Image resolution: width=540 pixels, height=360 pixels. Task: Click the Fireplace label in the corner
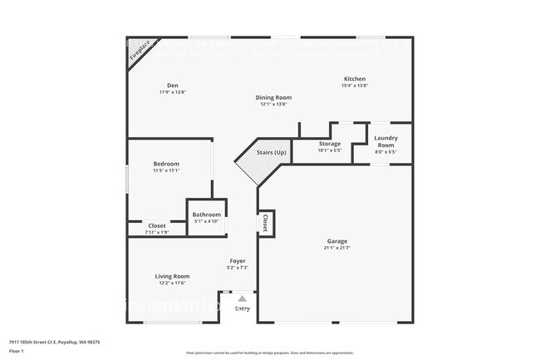(x=139, y=53)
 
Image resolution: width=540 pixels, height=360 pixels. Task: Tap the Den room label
(x=173, y=86)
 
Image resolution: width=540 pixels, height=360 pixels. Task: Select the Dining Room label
(x=275, y=97)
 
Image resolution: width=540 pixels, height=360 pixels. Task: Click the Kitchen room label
(x=355, y=78)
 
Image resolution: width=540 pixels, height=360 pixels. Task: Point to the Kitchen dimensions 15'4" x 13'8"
(x=355, y=86)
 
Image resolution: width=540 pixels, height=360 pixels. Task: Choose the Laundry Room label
(x=386, y=141)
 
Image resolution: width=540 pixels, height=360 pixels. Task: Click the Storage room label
(x=330, y=144)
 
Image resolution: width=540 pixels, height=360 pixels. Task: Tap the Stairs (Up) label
(x=270, y=153)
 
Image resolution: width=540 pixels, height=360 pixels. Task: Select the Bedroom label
(x=166, y=164)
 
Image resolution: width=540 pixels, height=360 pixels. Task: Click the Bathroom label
(x=206, y=215)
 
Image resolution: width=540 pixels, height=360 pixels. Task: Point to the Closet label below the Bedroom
(x=156, y=225)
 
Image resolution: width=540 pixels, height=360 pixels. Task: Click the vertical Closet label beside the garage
(x=265, y=223)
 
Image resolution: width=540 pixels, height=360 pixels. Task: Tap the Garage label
(x=336, y=241)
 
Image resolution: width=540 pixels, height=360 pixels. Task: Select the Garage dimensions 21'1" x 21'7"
(x=336, y=249)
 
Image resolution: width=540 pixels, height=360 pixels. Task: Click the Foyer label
(x=238, y=260)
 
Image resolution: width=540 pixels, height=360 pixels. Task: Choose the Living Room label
(x=172, y=276)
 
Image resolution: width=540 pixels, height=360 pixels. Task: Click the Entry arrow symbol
(x=242, y=298)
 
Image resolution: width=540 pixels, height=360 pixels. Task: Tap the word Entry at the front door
(x=242, y=308)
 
